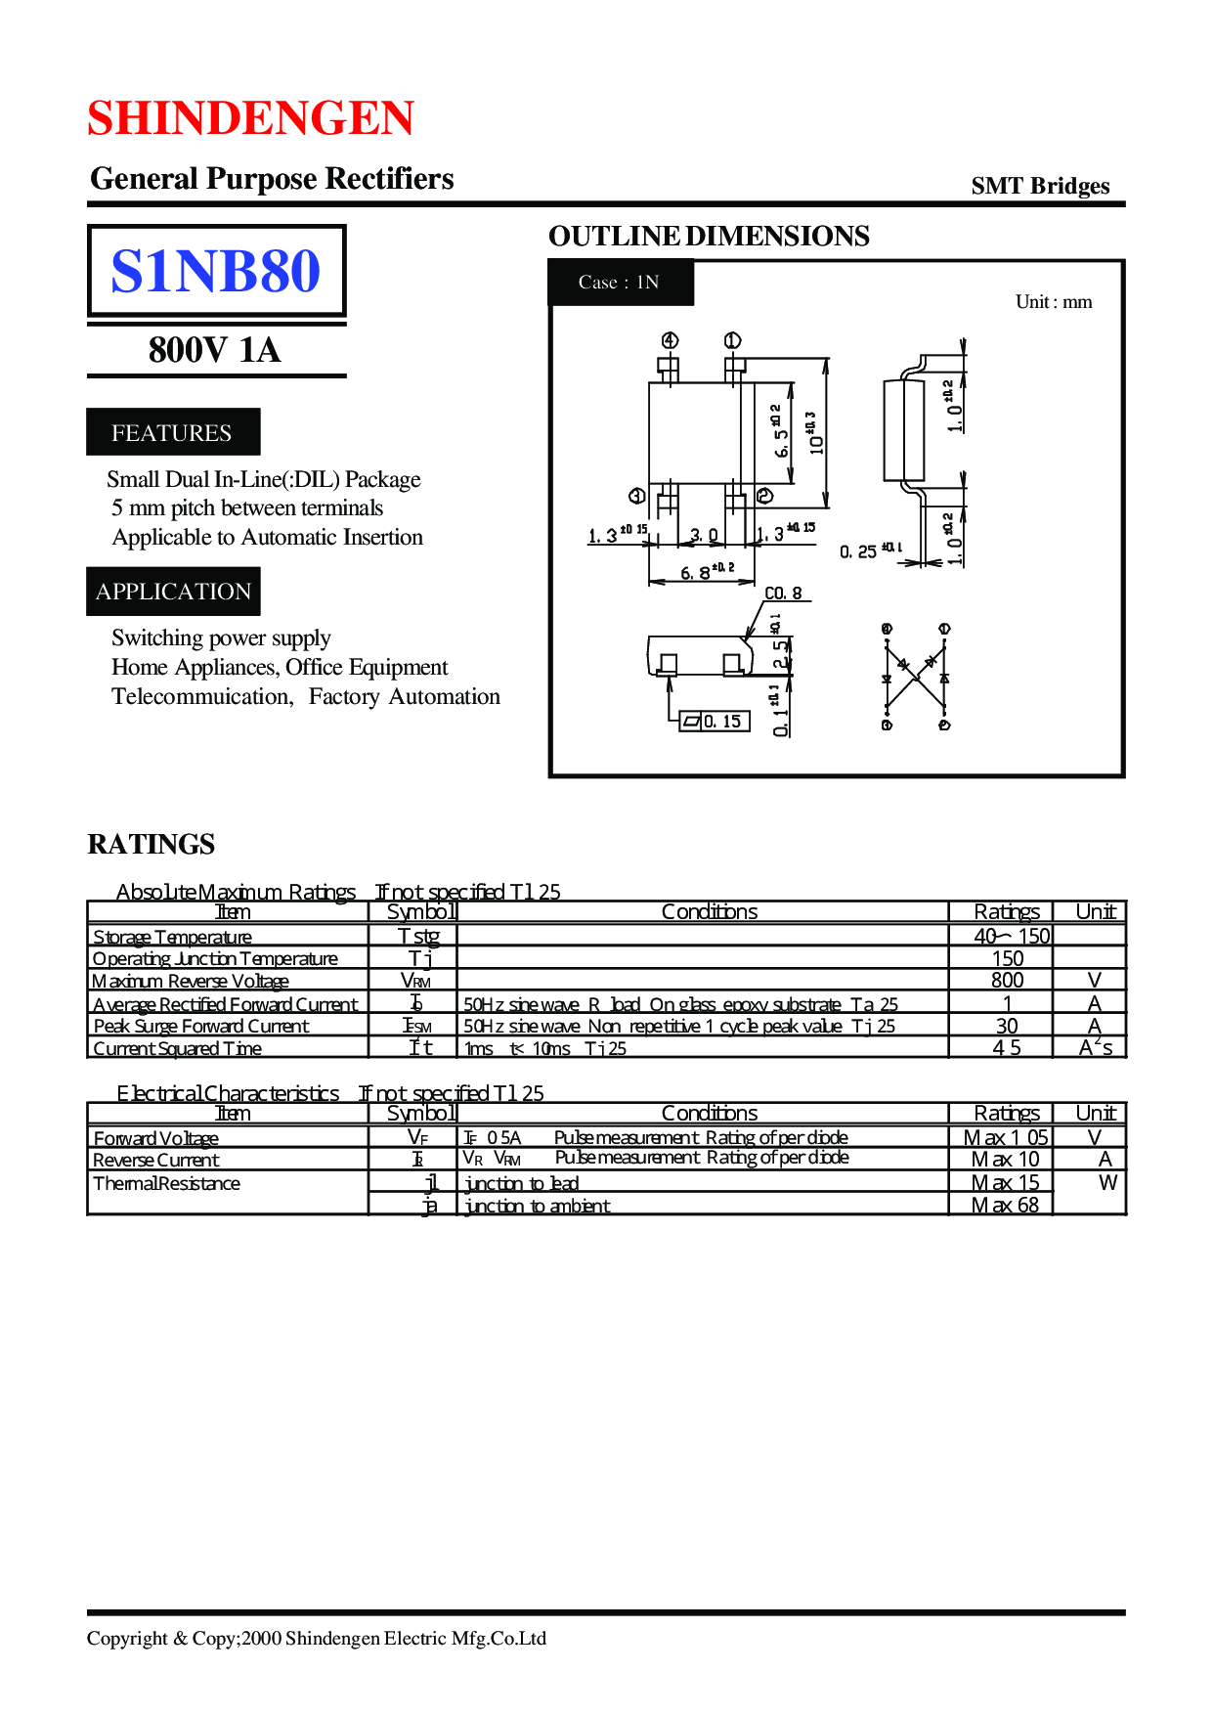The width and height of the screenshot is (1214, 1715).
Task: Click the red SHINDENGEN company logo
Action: click(250, 118)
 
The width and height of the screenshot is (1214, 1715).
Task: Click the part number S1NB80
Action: click(215, 271)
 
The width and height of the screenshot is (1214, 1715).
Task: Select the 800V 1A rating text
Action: click(215, 350)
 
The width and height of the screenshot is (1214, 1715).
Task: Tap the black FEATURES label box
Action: click(173, 432)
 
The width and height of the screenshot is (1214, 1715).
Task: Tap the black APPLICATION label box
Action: click(173, 592)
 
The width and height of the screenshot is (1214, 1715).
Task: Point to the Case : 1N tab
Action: click(620, 283)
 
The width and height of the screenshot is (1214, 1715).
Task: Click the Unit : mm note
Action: click(1053, 302)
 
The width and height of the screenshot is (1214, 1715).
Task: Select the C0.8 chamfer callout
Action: click(783, 594)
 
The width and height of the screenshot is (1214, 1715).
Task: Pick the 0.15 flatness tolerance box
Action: click(715, 722)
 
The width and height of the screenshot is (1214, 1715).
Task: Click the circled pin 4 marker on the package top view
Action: click(670, 340)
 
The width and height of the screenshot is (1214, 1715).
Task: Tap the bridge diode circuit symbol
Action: click(916, 677)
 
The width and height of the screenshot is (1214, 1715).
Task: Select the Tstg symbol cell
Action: click(418, 936)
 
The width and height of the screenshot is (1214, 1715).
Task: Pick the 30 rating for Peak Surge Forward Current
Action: click(1007, 1026)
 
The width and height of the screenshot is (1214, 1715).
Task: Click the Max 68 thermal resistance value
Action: click(1005, 1206)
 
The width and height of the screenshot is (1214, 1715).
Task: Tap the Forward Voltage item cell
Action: click(156, 1138)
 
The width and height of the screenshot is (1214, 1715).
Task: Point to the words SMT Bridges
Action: click(1040, 186)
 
